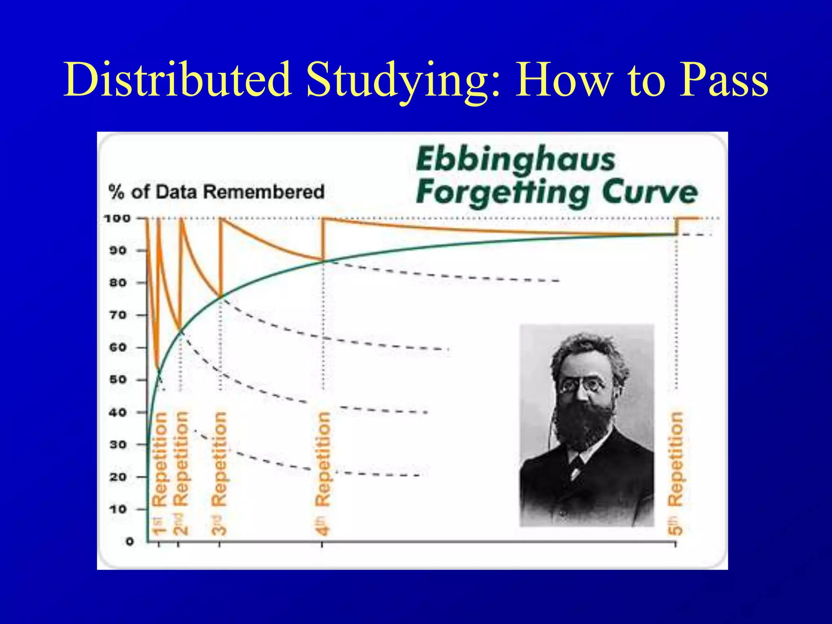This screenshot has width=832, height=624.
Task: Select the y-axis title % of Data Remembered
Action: [217, 192]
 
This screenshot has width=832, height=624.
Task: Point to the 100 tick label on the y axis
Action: [117, 219]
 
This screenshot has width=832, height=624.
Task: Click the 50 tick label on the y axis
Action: [118, 379]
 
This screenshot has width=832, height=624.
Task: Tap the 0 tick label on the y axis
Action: [130, 541]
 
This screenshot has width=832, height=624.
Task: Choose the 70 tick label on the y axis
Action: [118, 315]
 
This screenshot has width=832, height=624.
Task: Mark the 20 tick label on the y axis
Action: [118, 477]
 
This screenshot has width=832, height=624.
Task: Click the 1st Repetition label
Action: [160, 473]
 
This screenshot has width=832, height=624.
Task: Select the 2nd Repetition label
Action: [181, 473]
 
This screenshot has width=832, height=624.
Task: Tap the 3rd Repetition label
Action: [219, 473]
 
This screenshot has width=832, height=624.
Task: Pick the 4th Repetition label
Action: [323, 473]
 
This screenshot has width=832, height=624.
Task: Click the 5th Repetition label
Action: [676, 473]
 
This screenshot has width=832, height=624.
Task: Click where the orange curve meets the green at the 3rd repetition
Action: [221, 297]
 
